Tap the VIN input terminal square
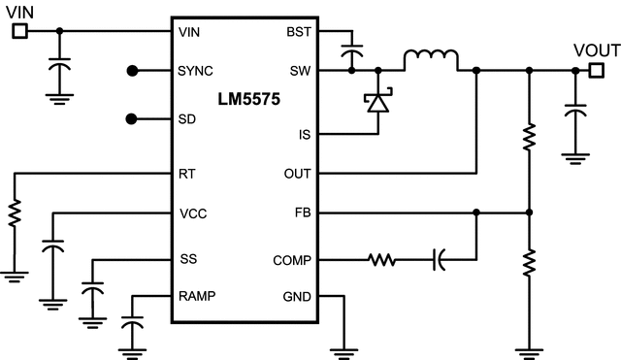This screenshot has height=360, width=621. coord(18,31)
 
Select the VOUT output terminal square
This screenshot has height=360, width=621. coord(597,70)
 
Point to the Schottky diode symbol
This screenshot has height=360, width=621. coord(376,102)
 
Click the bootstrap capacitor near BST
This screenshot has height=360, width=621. coord(351,51)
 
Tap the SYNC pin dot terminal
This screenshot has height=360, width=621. coord(133,71)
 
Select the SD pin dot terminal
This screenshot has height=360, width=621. coord(133,118)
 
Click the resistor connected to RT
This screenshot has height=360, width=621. coord(15,214)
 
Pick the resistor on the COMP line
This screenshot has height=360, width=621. coord(381,260)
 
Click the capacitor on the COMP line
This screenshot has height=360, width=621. coord(439,260)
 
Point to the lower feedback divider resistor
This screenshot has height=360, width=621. coord(529,262)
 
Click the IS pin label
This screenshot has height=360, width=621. coord(304,134)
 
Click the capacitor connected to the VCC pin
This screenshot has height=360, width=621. coord(53,249)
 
